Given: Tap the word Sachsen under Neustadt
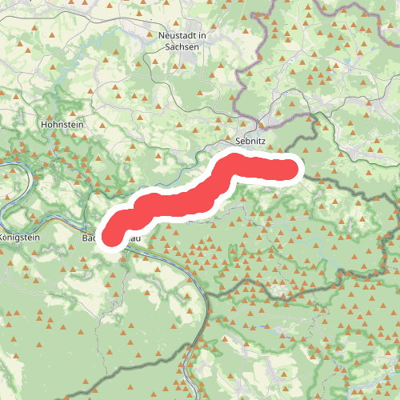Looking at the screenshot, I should (x=182, y=46).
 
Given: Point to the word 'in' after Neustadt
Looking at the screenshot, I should (x=202, y=35).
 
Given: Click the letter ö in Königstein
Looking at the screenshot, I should (x=10, y=238).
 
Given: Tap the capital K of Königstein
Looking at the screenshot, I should (x=3, y=238).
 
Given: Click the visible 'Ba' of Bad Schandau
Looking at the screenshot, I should (x=87, y=238).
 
